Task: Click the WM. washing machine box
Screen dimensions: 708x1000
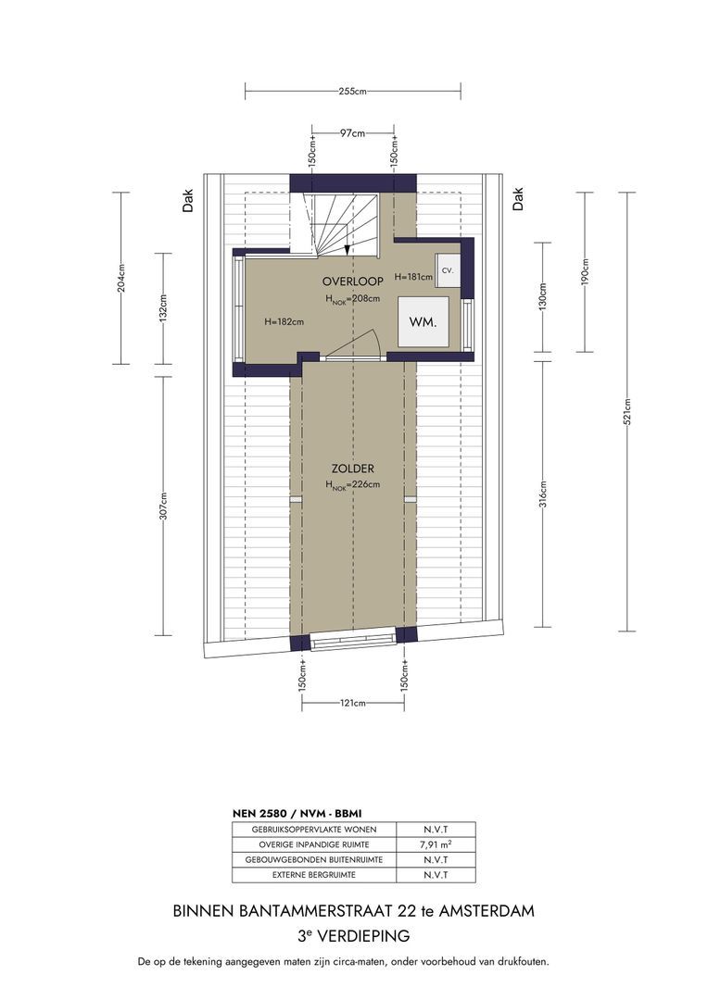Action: [424, 322]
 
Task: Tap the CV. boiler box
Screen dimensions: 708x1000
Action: [448, 270]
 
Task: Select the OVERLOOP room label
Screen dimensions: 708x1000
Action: [353, 281]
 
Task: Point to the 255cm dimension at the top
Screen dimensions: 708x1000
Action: [352, 91]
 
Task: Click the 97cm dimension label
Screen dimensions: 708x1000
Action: [352, 133]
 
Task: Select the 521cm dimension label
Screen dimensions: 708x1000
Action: [627, 411]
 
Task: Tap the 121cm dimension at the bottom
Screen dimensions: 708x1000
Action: [353, 703]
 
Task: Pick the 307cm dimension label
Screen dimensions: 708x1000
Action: [163, 506]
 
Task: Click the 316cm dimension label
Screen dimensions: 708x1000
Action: [543, 493]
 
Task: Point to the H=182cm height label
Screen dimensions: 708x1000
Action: [284, 322]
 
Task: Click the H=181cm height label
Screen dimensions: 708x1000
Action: [413, 277]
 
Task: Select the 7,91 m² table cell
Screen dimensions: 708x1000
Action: [436, 844]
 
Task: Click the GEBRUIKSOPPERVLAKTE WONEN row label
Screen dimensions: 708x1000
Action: [314, 830]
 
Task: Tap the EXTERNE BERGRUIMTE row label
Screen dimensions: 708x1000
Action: [314, 875]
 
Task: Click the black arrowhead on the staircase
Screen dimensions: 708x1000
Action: [347, 250]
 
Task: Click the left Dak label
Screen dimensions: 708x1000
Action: [188, 200]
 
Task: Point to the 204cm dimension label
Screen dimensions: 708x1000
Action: [121, 278]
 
